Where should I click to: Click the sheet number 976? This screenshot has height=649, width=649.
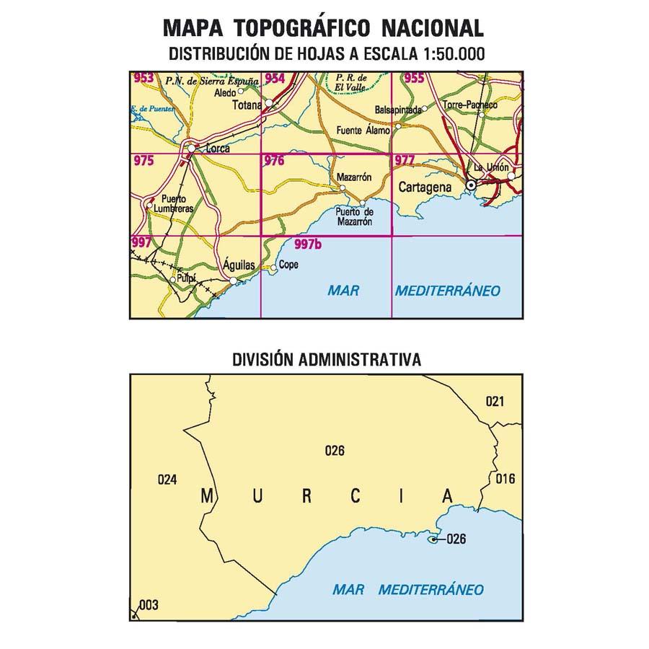(x=274, y=162)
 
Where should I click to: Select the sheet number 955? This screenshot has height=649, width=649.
(x=414, y=79)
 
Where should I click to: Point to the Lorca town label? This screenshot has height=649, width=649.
(x=217, y=149)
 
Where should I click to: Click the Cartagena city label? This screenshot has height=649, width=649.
(x=425, y=187)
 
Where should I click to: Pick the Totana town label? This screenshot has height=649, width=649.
(x=247, y=105)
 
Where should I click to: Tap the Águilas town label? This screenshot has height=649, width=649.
(x=239, y=265)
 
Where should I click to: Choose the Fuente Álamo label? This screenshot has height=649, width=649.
(x=363, y=131)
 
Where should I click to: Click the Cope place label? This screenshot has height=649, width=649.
(x=288, y=264)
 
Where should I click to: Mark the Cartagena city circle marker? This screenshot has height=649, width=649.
(x=471, y=185)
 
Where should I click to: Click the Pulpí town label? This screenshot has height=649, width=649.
(x=188, y=278)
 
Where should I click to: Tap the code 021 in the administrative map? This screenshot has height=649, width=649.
(x=494, y=402)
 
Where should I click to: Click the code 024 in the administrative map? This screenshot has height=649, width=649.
(x=167, y=479)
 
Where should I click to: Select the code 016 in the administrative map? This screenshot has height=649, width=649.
(x=506, y=479)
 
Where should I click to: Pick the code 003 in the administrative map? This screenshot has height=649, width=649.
(x=148, y=605)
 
